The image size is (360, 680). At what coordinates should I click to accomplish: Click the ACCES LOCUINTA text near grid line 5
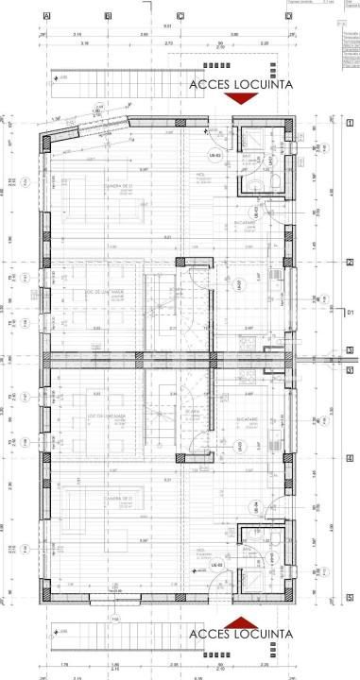241,633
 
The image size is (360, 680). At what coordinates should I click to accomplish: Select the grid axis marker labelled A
45,16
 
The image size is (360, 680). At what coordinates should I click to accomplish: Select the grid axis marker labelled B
108,16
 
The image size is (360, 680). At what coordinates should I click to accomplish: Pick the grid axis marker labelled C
180,16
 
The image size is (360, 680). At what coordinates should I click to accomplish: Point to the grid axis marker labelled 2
349,263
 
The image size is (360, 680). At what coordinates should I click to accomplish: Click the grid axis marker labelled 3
349,350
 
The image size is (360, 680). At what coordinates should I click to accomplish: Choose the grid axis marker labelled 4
349,457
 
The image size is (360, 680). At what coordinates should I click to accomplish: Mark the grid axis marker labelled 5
349,598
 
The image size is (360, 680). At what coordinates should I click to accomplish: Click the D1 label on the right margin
349,311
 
